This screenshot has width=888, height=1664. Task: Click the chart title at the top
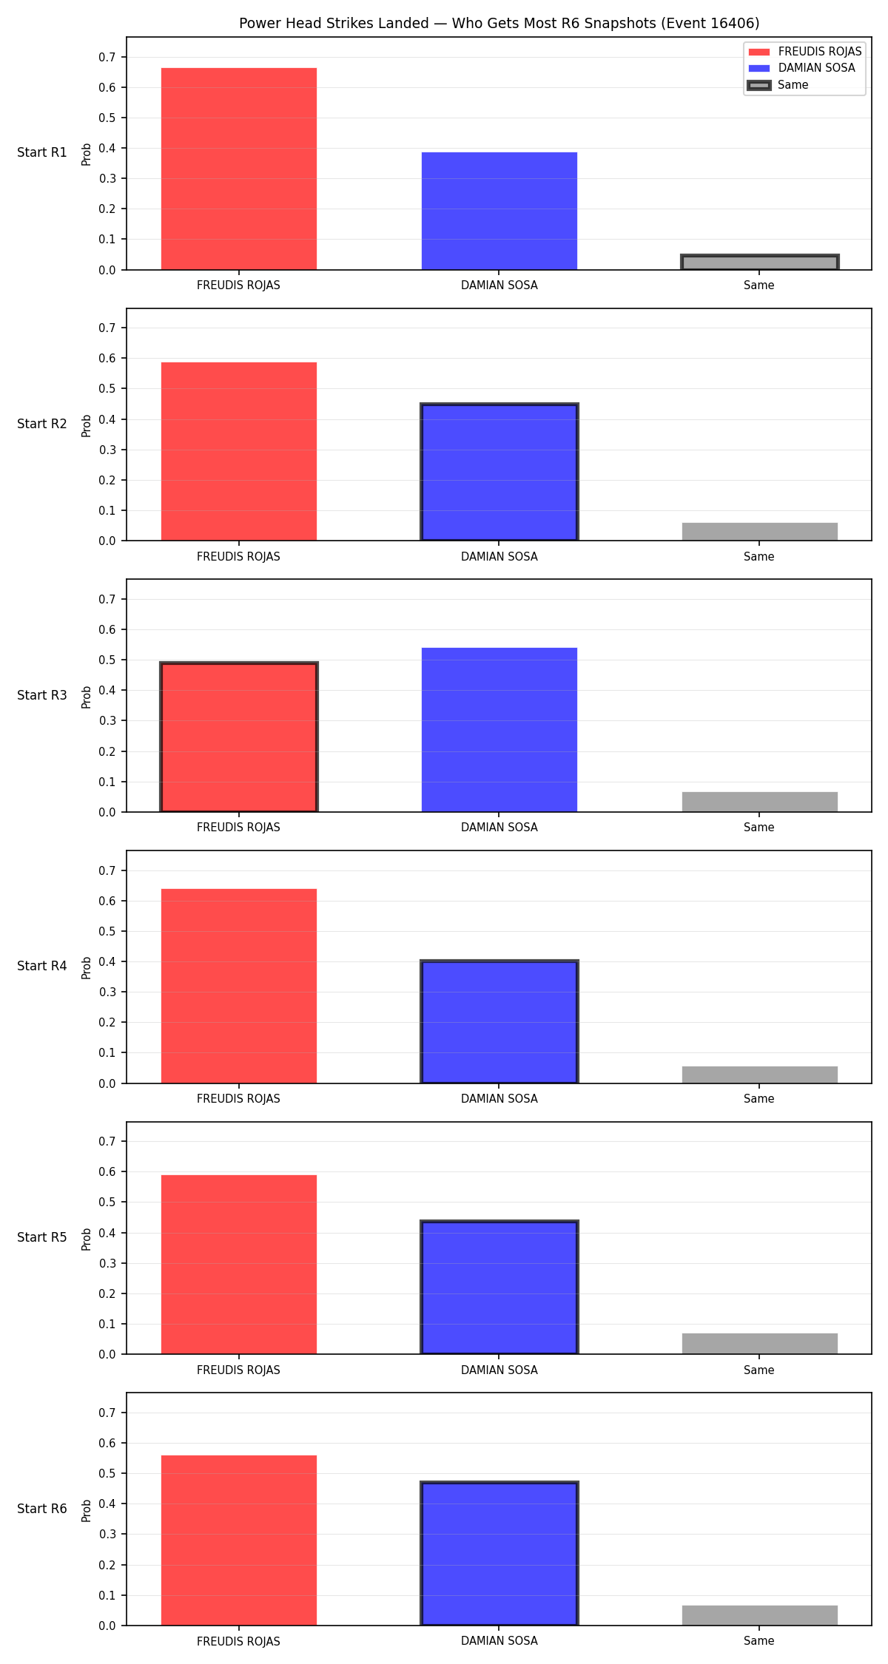(499, 23)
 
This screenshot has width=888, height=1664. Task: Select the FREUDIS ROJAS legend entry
(805, 52)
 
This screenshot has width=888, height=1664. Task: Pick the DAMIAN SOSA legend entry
(802, 68)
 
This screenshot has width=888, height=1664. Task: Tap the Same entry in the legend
(778, 85)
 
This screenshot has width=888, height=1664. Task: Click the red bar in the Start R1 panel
(239, 169)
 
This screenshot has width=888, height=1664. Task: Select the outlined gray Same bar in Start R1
(759, 263)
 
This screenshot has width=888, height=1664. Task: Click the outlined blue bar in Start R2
(499, 472)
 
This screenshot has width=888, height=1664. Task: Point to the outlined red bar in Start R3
(239, 737)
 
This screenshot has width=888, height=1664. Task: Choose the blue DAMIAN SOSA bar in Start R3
(499, 730)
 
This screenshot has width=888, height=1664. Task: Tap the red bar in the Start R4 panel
(239, 986)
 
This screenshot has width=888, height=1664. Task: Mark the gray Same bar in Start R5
(759, 1344)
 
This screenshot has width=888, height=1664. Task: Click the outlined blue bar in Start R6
(499, 1554)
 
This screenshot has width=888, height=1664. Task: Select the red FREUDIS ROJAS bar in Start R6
(239, 1540)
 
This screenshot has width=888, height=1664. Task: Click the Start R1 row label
(42, 152)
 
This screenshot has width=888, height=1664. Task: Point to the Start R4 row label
(42, 966)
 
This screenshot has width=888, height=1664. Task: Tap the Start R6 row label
(42, 1509)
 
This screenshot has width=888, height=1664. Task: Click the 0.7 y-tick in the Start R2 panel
(107, 328)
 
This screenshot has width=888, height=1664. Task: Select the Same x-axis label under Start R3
(759, 828)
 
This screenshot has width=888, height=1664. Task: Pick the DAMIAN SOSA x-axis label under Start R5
(499, 1370)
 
